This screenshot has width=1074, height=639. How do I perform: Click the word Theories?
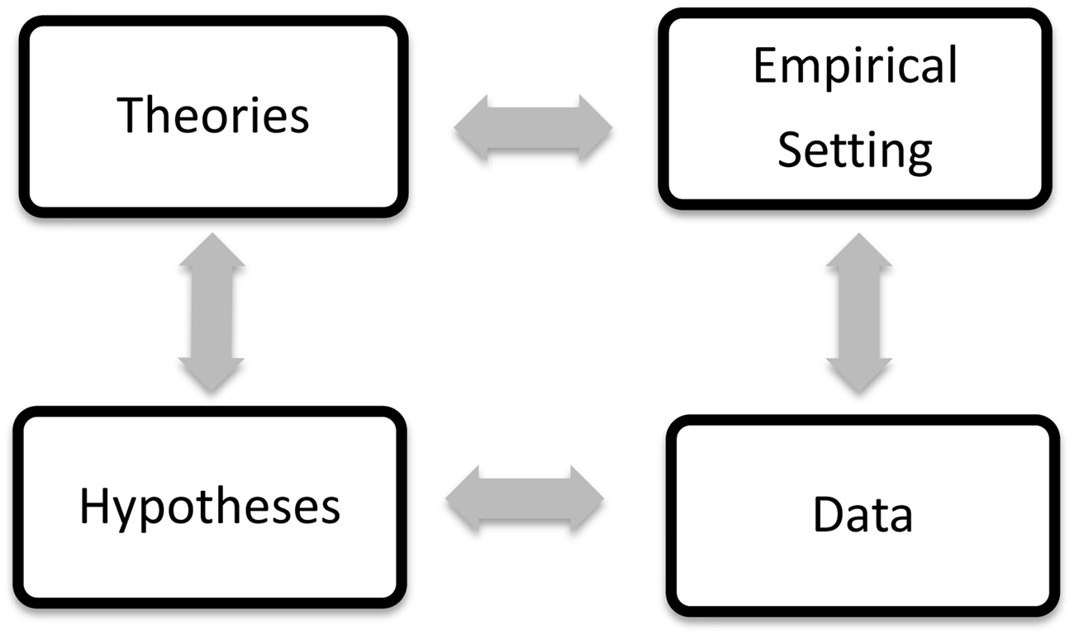[x=213, y=116]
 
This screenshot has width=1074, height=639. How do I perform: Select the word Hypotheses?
[x=210, y=506]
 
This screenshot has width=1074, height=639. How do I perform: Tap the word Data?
[x=863, y=514]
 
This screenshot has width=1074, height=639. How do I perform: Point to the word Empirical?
[x=855, y=66]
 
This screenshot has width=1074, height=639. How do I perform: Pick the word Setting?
[x=855, y=151]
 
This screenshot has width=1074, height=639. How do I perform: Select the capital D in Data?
[x=827, y=514]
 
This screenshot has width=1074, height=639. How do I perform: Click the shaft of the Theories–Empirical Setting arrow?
[x=533, y=127]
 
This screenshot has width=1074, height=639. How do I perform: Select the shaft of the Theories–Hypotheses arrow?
[x=211, y=312]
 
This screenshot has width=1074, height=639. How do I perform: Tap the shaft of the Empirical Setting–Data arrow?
[x=859, y=312]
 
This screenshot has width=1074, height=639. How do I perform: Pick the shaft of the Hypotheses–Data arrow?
[x=525, y=498]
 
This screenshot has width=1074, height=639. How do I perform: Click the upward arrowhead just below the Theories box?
[x=211, y=251]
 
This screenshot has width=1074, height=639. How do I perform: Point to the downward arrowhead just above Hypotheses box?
[x=211, y=374]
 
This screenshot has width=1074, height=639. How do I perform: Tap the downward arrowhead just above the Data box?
[x=859, y=374]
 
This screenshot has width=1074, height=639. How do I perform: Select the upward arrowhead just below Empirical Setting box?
[x=859, y=251]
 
